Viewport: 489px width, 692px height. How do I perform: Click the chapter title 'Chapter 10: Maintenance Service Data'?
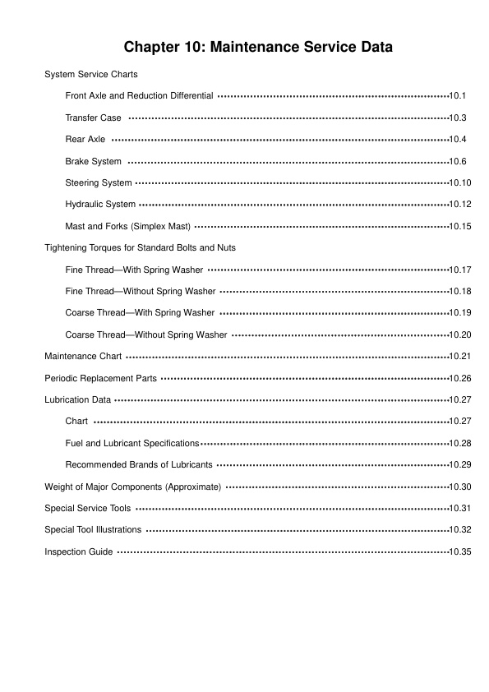point(258,48)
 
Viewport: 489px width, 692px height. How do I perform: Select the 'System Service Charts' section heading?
point(91,75)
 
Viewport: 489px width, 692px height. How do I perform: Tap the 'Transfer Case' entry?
point(93,118)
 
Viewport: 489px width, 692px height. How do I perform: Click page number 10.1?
point(459,96)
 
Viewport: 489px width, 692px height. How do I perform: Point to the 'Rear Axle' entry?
point(85,140)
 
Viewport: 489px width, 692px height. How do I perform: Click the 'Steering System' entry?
point(99,182)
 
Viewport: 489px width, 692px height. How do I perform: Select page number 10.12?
point(460,205)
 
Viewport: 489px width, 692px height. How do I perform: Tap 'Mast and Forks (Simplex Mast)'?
point(128,226)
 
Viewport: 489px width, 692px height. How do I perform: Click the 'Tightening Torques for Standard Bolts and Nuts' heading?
point(141,247)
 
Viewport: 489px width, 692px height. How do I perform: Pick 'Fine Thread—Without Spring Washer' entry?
point(141,291)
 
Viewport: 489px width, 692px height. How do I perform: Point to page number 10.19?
point(460,313)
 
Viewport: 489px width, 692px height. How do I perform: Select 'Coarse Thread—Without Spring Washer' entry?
point(146,334)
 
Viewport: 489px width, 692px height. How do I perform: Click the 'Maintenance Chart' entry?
point(83,357)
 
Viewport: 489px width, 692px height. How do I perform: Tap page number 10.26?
point(460,378)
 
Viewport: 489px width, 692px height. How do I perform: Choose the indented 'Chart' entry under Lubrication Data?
point(76,422)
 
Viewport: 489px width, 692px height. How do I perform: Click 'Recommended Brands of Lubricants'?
point(139,464)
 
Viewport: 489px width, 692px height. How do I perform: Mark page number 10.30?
point(460,487)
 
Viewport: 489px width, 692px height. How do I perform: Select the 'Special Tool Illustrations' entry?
point(93,530)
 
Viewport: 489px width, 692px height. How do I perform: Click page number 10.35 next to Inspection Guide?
point(460,551)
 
